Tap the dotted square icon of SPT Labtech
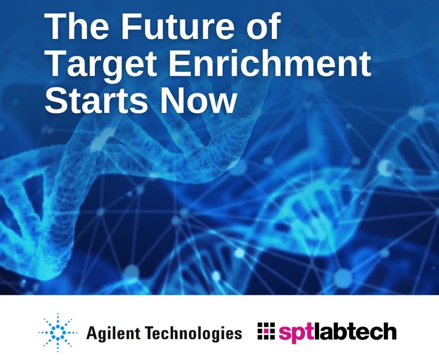pyautogui.click(x=265, y=331)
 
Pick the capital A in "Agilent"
pyautogui.click(x=92, y=332)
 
